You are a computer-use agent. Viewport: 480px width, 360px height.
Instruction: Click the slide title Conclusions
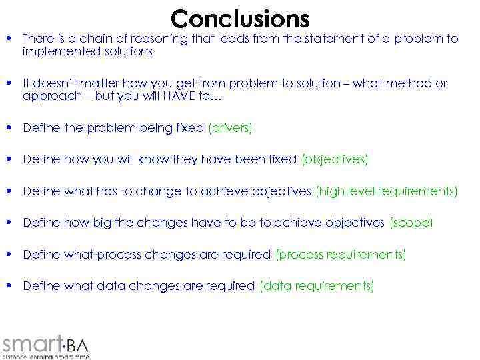pyautogui.click(x=240, y=18)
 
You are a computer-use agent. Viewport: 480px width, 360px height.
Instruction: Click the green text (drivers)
pyautogui.click(x=230, y=128)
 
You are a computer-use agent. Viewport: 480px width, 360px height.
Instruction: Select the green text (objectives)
pyautogui.click(x=335, y=159)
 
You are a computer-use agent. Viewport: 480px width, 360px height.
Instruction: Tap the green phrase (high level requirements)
pyautogui.click(x=387, y=191)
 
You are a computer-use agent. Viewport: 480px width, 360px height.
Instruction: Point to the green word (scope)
pyautogui.click(x=411, y=223)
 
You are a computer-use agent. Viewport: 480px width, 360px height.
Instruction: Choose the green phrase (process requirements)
pyautogui.click(x=341, y=255)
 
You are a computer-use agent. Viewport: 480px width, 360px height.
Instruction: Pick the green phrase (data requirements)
pyautogui.click(x=317, y=286)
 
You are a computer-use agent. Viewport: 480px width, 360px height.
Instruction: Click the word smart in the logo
pyautogui.click(x=31, y=344)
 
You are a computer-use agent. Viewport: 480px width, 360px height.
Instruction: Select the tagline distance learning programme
pyautogui.click(x=45, y=357)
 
